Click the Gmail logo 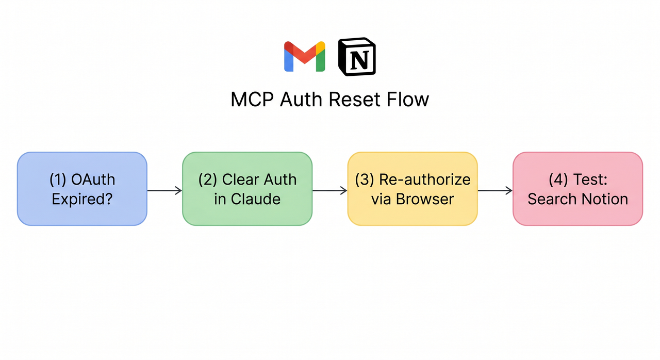pyautogui.click(x=305, y=57)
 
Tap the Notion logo pyautogui.click(x=357, y=57)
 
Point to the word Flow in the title pyautogui.click(x=409, y=99)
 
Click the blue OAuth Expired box pyautogui.click(x=82, y=189)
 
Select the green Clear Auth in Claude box pyautogui.click(x=247, y=189)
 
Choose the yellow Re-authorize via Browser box pyautogui.click(x=412, y=189)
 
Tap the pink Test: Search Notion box pyautogui.click(x=577, y=189)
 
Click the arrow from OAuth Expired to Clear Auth pyautogui.click(x=164, y=191)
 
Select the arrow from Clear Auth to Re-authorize pyautogui.click(x=329, y=191)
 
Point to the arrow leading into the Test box pyautogui.click(x=494, y=191)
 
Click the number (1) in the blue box pyautogui.click(x=59, y=179)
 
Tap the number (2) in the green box pyautogui.click(x=208, y=179)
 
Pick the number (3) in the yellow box pyautogui.click(x=365, y=179)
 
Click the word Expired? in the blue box pyautogui.click(x=82, y=199)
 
